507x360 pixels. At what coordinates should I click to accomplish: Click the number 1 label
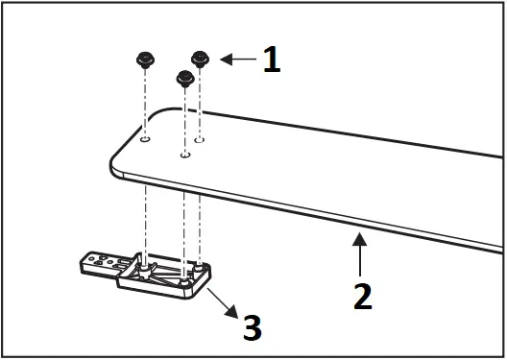coord(272,60)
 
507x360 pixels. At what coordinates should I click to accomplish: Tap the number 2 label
coord(361,295)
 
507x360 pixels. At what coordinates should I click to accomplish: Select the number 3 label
coord(252,327)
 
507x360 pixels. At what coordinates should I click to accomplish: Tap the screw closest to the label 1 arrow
coord(201,59)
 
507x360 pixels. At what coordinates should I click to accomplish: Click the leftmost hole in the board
coord(145,139)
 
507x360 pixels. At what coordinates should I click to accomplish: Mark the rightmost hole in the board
coord(200,139)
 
